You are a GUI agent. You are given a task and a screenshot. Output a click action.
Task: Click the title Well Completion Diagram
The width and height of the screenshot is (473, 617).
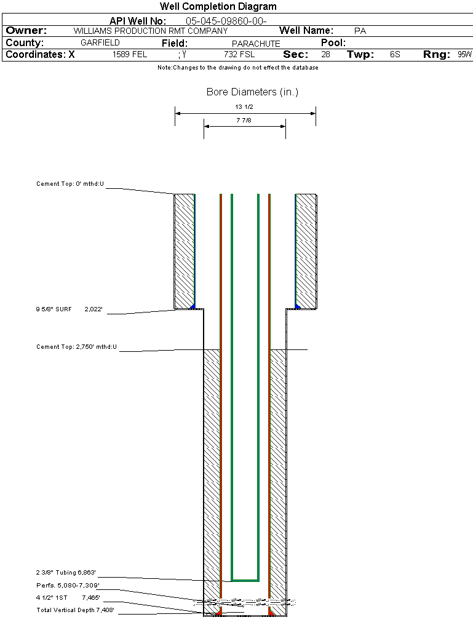(218, 7)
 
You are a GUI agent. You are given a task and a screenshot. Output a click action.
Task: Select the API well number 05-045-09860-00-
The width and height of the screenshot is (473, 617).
(226, 21)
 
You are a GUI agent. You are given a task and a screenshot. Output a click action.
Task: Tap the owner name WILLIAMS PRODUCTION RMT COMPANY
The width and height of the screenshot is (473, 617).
(150, 31)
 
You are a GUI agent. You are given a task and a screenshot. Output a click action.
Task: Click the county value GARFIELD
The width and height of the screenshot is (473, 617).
(100, 43)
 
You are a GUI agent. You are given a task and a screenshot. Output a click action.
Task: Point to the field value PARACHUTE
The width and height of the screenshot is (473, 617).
(256, 44)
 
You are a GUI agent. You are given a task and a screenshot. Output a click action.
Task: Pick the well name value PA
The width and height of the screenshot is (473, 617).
(360, 31)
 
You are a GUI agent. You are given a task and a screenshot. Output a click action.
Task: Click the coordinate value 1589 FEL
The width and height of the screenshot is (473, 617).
(130, 55)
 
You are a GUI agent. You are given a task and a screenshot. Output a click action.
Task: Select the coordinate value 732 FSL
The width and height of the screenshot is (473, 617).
(239, 55)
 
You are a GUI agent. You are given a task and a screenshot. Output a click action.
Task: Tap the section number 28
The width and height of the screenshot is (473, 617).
(325, 55)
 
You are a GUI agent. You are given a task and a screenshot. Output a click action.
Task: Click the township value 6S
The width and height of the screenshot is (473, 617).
(395, 55)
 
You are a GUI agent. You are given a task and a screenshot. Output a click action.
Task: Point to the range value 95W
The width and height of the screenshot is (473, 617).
(464, 55)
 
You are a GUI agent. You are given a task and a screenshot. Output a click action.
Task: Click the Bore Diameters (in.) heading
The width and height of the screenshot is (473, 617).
(252, 92)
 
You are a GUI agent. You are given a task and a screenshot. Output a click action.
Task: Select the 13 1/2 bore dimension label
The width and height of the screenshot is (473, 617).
(245, 106)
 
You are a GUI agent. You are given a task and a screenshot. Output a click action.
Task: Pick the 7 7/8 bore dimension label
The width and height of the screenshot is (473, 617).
(245, 121)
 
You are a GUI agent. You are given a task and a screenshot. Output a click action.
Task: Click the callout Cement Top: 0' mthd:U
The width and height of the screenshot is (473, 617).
(70, 183)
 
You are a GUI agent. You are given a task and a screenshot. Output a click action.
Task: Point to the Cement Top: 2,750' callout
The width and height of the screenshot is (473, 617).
(76, 347)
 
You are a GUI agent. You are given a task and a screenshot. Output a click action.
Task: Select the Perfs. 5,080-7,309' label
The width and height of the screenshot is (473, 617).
(68, 585)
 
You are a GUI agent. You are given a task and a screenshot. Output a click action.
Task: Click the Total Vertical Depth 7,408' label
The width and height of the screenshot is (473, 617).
(75, 610)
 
